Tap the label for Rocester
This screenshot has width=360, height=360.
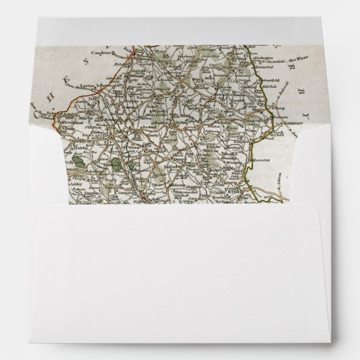click(262, 160)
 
